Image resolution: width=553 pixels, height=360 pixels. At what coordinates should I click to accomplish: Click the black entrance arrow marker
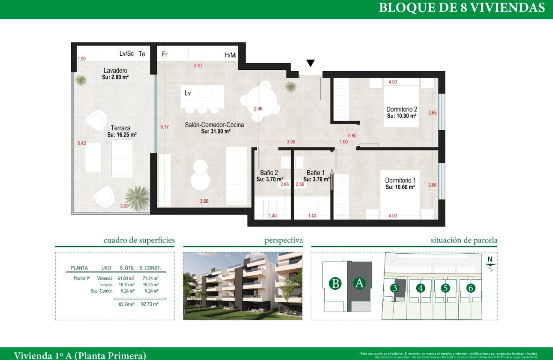[311, 63]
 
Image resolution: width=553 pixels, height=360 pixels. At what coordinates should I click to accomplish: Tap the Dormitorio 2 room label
[402, 109]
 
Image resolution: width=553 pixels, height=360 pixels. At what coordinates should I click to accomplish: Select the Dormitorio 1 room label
[400, 180]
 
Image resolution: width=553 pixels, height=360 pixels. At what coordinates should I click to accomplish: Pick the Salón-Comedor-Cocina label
[214, 125]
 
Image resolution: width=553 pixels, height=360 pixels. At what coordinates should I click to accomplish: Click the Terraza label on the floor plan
[120, 128]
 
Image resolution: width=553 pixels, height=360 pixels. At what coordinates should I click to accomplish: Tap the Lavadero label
[115, 70]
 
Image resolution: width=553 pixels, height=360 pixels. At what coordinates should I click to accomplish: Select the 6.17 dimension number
[165, 127]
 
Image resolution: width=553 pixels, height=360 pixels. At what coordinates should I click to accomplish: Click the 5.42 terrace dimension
[82, 143]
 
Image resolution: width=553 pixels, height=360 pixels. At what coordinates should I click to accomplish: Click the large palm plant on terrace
[137, 198]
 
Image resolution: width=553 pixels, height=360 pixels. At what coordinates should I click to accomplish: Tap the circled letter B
[335, 284]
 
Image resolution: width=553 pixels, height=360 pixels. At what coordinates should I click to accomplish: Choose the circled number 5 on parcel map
[445, 288]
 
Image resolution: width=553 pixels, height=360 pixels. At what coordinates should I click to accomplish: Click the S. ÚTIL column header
[126, 268]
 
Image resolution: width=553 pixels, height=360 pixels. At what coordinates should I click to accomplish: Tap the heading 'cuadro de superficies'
[139, 240]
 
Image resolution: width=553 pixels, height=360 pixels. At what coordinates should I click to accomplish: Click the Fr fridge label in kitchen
[165, 54]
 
